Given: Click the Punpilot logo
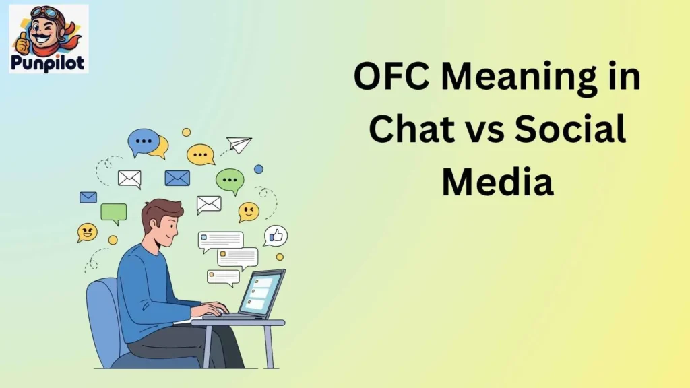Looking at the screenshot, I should pyautogui.click(x=49, y=38).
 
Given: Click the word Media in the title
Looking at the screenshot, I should pyautogui.click(x=497, y=181).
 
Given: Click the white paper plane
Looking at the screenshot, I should pyautogui.click(x=239, y=144).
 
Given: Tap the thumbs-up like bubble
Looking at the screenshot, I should pyautogui.click(x=276, y=236).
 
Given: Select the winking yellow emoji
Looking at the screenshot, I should pyautogui.click(x=249, y=212).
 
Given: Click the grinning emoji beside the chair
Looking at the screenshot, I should pyautogui.click(x=87, y=232).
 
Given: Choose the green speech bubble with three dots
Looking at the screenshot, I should pyautogui.click(x=230, y=180).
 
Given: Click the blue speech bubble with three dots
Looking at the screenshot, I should pyautogui.click(x=144, y=141).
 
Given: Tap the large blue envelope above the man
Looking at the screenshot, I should pyautogui.click(x=177, y=178).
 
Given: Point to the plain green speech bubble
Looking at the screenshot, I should pyautogui.click(x=114, y=214).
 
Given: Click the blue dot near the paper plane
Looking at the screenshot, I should pyautogui.click(x=259, y=169).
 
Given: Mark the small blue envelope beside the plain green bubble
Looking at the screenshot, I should pyautogui.click(x=88, y=197).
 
